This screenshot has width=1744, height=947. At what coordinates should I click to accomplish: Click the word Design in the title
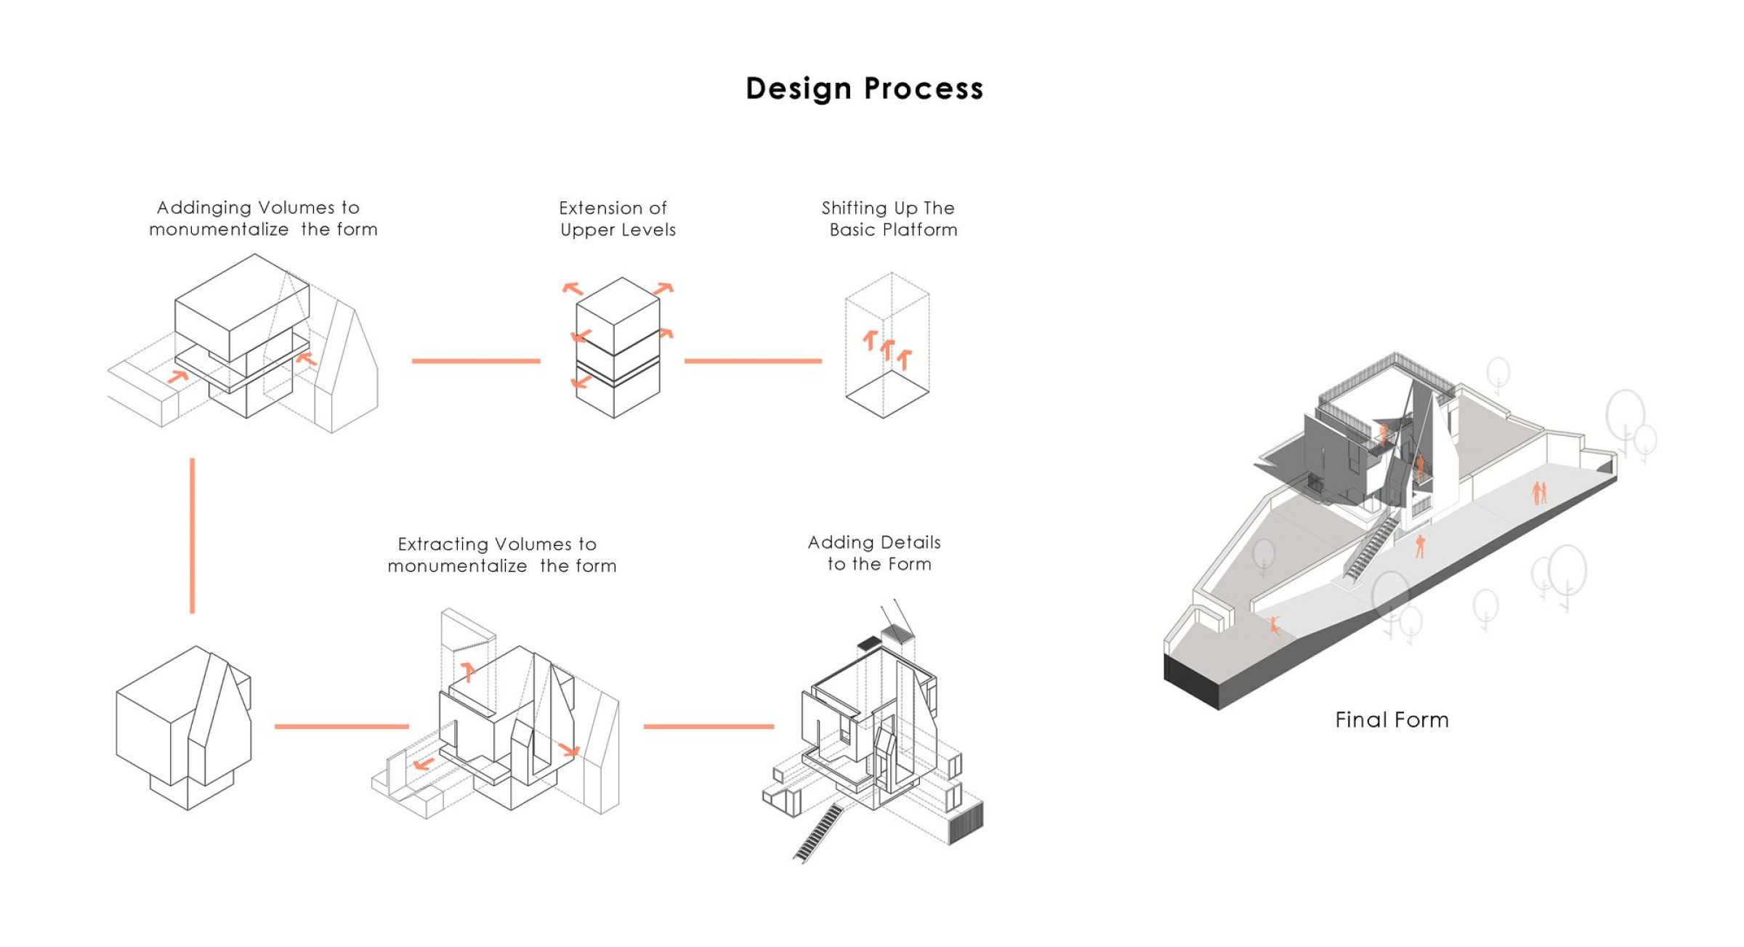tap(799, 89)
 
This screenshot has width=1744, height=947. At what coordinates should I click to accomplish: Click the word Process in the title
tap(924, 89)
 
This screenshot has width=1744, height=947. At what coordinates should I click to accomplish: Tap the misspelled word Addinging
tap(194, 208)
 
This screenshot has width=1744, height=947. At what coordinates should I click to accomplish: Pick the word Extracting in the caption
tap(443, 544)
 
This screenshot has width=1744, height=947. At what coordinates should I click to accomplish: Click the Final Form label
tap(1392, 720)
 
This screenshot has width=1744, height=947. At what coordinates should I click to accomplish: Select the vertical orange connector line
tap(193, 535)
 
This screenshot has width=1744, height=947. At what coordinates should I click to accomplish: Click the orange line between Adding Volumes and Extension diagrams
tap(476, 360)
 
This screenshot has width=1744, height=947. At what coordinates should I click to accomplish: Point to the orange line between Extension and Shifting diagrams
tap(753, 360)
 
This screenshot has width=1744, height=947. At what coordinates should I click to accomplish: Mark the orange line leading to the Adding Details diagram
tap(708, 726)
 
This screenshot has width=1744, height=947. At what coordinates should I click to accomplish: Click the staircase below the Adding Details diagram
tap(820, 832)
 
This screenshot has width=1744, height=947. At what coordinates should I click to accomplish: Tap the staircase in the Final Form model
tap(1370, 549)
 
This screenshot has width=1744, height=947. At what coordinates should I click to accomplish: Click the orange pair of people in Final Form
tap(1539, 493)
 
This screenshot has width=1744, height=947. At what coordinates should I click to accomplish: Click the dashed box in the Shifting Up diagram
tap(887, 345)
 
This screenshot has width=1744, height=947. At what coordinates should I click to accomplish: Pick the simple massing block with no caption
tap(184, 727)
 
